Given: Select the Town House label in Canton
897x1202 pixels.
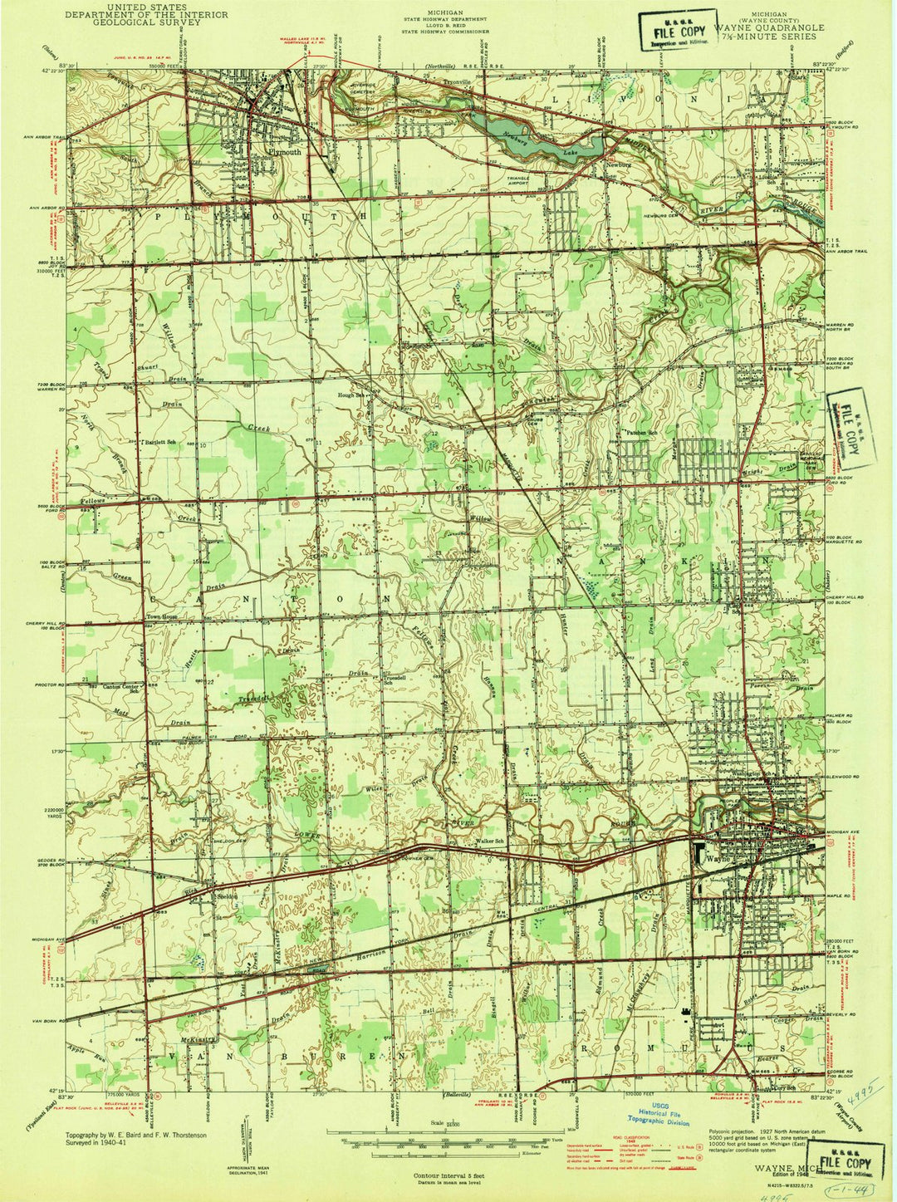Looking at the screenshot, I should (x=163, y=616).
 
